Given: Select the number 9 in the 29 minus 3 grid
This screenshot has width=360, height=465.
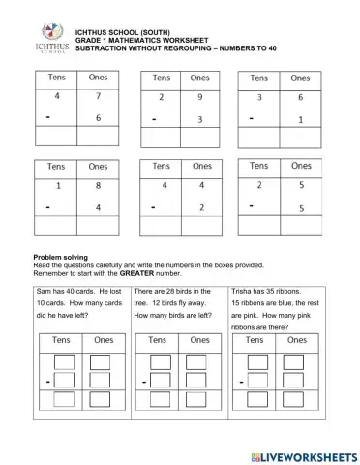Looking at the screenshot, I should click(200, 98).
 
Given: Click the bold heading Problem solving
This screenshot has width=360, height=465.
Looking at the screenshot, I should click(63, 257).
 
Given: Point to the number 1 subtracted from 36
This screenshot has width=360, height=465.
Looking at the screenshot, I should click(301, 119).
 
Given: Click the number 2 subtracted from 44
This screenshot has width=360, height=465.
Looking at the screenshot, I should click(200, 206).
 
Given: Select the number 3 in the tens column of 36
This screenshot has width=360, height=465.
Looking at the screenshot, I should click(259, 98).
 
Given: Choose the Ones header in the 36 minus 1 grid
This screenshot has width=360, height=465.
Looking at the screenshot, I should click(301, 77).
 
